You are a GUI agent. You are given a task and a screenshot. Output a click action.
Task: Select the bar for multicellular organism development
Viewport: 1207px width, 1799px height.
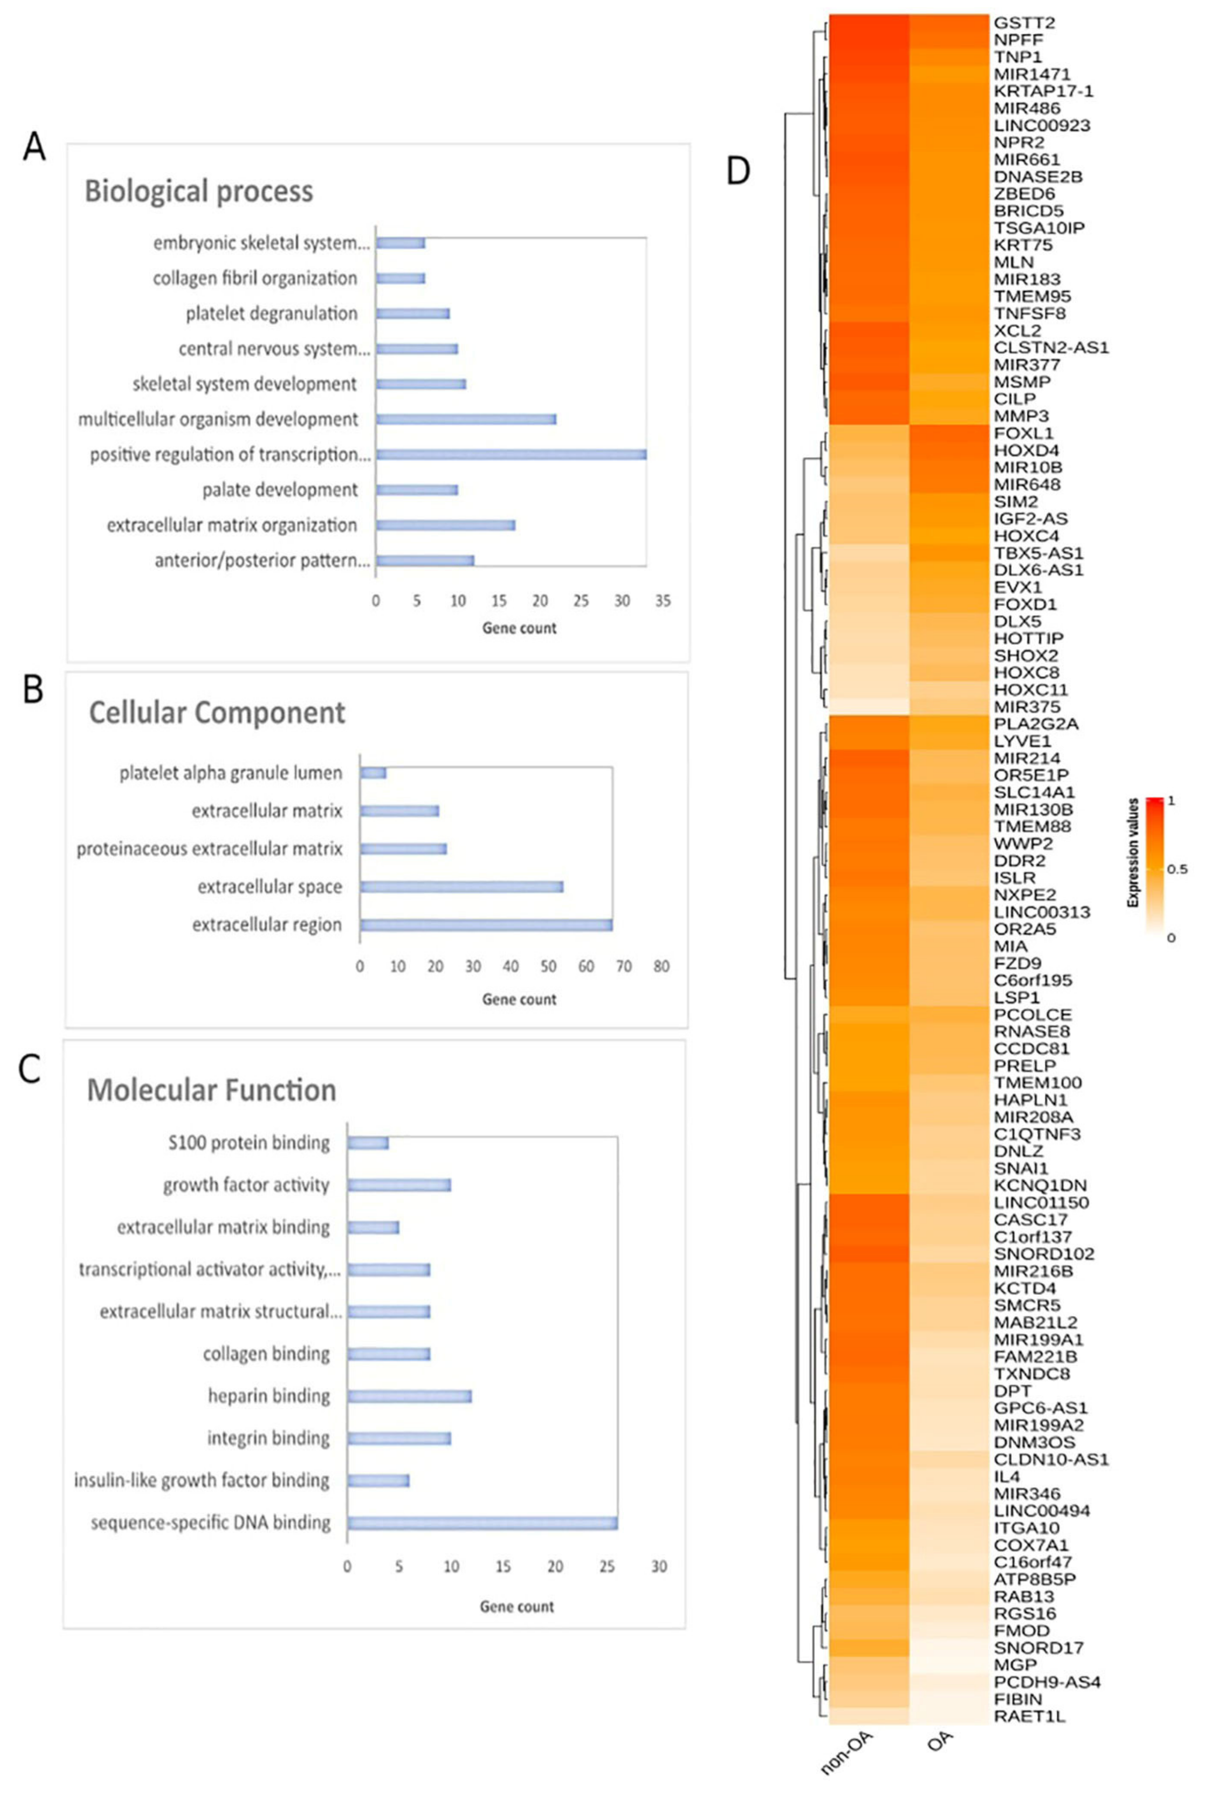coord(466,419)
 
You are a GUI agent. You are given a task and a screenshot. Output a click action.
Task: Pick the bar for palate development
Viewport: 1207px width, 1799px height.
coord(417,490)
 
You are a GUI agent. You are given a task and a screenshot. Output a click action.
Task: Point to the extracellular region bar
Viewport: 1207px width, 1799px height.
coord(487,925)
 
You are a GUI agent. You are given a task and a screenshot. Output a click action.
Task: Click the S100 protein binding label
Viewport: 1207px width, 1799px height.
coord(249,1144)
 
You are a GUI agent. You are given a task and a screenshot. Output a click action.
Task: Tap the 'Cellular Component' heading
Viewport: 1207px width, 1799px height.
coord(217,713)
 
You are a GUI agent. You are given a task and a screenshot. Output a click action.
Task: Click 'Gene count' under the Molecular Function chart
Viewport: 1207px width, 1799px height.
coord(517,1607)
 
